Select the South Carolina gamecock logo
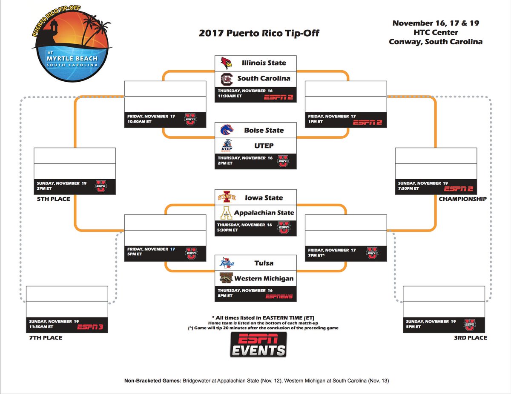pyautogui.click(x=226, y=78)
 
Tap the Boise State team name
pyautogui.click(x=264, y=130)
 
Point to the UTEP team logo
pyautogui.click(x=226, y=146)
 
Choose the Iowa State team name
pyautogui.click(x=264, y=198)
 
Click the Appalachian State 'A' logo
pyautogui.click(x=226, y=213)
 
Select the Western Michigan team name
pyautogui.click(x=264, y=279)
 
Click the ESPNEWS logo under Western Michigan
pyautogui.click(x=279, y=296)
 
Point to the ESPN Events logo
pyautogui.click(x=258, y=344)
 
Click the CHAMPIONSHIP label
pyautogui.click(x=462, y=199)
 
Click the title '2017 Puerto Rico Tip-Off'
pyautogui.click(x=259, y=33)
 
